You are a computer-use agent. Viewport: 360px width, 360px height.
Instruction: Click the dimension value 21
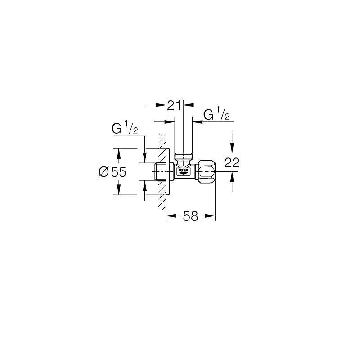174,105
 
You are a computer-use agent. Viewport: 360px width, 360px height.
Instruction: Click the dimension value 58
190,216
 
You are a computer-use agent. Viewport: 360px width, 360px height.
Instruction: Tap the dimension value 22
232,163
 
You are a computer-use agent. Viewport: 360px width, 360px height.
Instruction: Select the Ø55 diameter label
112,172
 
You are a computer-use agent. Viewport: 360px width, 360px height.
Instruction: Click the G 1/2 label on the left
125,129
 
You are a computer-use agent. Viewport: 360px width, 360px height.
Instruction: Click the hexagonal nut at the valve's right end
206,172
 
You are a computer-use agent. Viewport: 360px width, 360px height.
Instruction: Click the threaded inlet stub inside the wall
160,172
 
